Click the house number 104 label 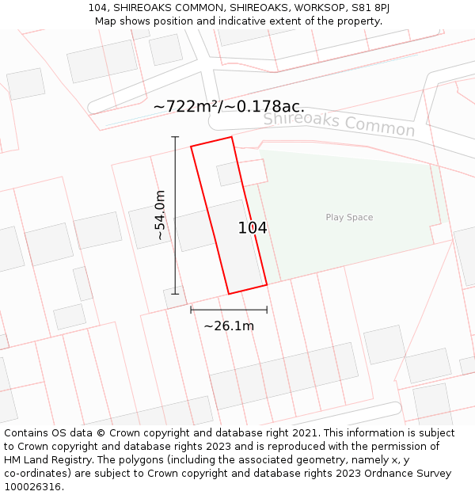click(x=253, y=228)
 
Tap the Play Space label click(x=349, y=218)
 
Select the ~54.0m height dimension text click(x=160, y=215)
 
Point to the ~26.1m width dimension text click(x=229, y=326)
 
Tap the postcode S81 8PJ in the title click(x=370, y=8)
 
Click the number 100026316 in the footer click(x=34, y=487)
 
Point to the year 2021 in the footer click(x=303, y=433)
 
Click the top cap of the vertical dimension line click(x=175, y=137)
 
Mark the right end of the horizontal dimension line click(x=267, y=310)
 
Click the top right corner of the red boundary click(x=231, y=137)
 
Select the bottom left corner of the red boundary click(x=229, y=294)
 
